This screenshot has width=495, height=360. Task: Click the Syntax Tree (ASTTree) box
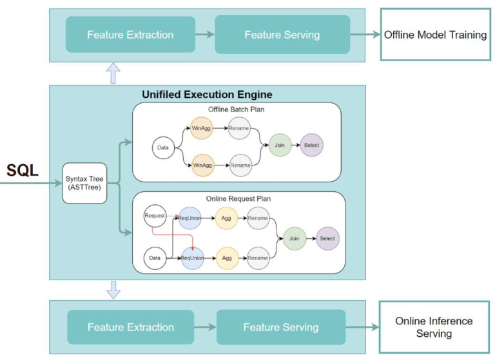pyautogui.click(x=84, y=183)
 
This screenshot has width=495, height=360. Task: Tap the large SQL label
pyautogui.click(x=23, y=171)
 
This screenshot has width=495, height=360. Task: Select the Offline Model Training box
pyautogui.click(x=435, y=34)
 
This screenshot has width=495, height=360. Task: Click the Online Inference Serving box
pyautogui.click(x=434, y=327)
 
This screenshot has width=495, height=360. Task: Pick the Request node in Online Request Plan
pyautogui.click(x=155, y=216)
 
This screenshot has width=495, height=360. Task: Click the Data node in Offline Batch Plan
pyautogui.click(x=163, y=147)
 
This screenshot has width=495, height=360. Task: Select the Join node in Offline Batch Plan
pyautogui.click(x=280, y=145)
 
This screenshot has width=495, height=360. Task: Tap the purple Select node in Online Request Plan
pyautogui.click(x=327, y=238)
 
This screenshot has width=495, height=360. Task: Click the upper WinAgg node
pyautogui.click(x=201, y=128)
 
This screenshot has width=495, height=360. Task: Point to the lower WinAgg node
pyautogui.click(x=202, y=166)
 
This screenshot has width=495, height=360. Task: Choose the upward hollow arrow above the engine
pyautogui.click(x=113, y=73)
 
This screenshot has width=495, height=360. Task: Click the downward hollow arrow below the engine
pyautogui.click(x=113, y=290)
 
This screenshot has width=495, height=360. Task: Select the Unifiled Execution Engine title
pyautogui.click(x=207, y=94)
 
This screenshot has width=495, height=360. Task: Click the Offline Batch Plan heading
pyautogui.click(x=236, y=109)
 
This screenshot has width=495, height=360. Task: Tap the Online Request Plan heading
pyautogui.click(x=238, y=199)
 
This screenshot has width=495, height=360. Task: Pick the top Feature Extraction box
pyautogui.click(x=130, y=34)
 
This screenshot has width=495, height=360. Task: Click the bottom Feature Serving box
pyautogui.click(x=281, y=327)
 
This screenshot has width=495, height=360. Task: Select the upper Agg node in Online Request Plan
pyautogui.click(x=226, y=218)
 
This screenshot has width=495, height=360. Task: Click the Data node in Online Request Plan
pyautogui.click(x=155, y=258)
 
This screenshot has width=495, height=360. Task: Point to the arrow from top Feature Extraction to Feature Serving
pyautogui.click(x=205, y=34)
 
